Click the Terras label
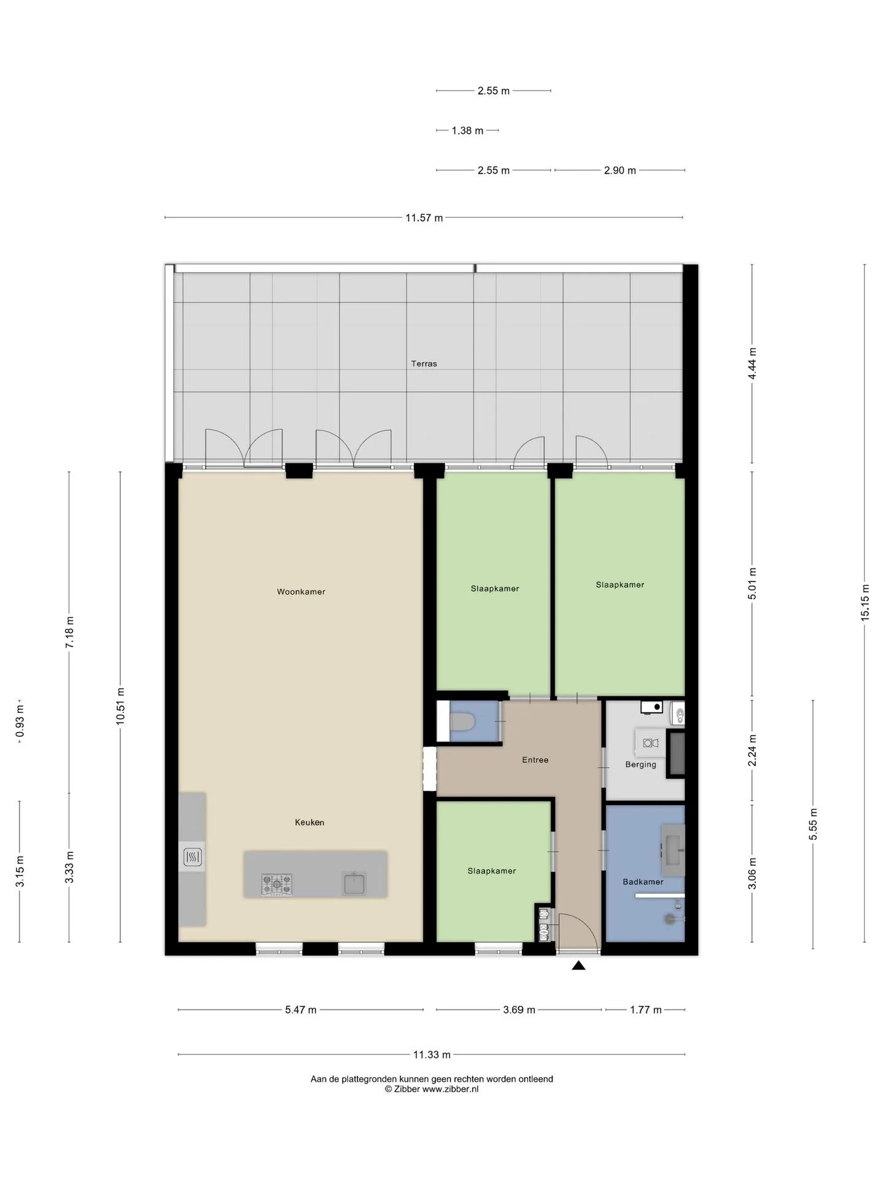pyautogui.click(x=424, y=364)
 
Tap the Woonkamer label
pyautogui.click(x=301, y=592)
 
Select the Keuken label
pyautogui.click(x=309, y=822)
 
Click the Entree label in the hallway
pyautogui.click(x=535, y=760)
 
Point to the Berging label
pyautogui.click(x=641, y=765)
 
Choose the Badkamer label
pyautogui.click(x=643, y=882)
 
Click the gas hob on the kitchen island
pyautogui.click(x=277, y=884)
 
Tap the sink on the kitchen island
pyautogui.click(x=354, y=883)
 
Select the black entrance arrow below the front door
pyautogui.click(x=578, y=965)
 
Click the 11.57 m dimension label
pyautogui.click(x=424, y=217)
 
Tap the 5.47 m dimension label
pyautogui.click(x=301, y=1010)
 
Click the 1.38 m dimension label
pyautogui.click(x=467, y=130)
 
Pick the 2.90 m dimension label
pyautogui.click(x=620, y=170)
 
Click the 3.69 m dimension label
pyautogui.click(x=519, y=1010)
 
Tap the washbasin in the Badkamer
pyautogui.click(x=673, y=850)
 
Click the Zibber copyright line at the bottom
pyautogui.click(x=432, y=1089)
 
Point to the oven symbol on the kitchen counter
pyautogui.click(x=193, y=857)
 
